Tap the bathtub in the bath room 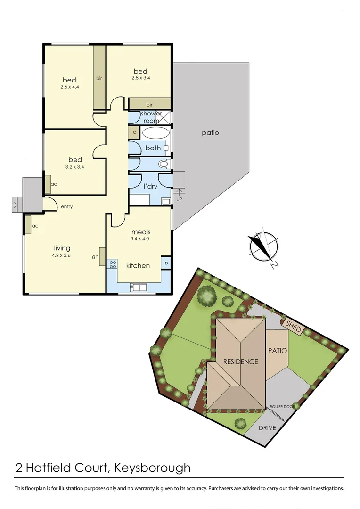coord(155,132)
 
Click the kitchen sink coord(139,287)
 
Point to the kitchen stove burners coord(113,264)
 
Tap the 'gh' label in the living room coord(95,257)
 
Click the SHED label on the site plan coord(293,326)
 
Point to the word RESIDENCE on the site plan coord(241,362)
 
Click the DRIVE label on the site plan coord(267,428)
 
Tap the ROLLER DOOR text coord(282,407)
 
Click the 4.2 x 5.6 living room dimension coord(62,255)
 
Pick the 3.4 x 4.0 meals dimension coord(141,238)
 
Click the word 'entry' coord(66,206)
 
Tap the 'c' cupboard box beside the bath coord(134,132)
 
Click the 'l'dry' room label coord(150,187)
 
